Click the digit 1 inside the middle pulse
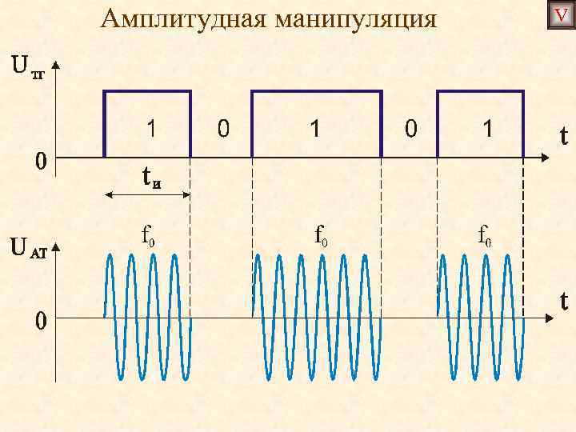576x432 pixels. [x=316, y=128]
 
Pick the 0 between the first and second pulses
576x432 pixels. [x=224, y=128]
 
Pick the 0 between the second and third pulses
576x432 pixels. [x=410, y=128]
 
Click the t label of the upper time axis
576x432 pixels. [x=564, y=138]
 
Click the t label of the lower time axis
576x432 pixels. [x=564, y=301]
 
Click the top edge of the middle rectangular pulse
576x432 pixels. [x=317, y=92]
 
